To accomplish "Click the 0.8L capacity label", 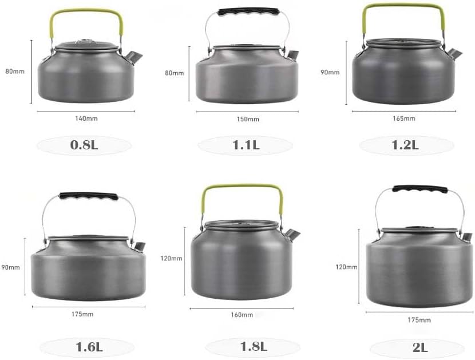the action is (84, 145).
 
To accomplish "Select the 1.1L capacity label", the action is (246, 145).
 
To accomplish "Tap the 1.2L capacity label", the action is (405, 145).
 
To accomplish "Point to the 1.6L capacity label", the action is (89, 347).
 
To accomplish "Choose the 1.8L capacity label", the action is (254, 346).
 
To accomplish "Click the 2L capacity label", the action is (420, 347).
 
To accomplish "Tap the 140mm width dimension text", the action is (86, 118).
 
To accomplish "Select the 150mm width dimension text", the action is (248, 119).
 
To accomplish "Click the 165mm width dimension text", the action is (404, 118).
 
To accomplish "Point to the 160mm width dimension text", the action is (242, 315).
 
